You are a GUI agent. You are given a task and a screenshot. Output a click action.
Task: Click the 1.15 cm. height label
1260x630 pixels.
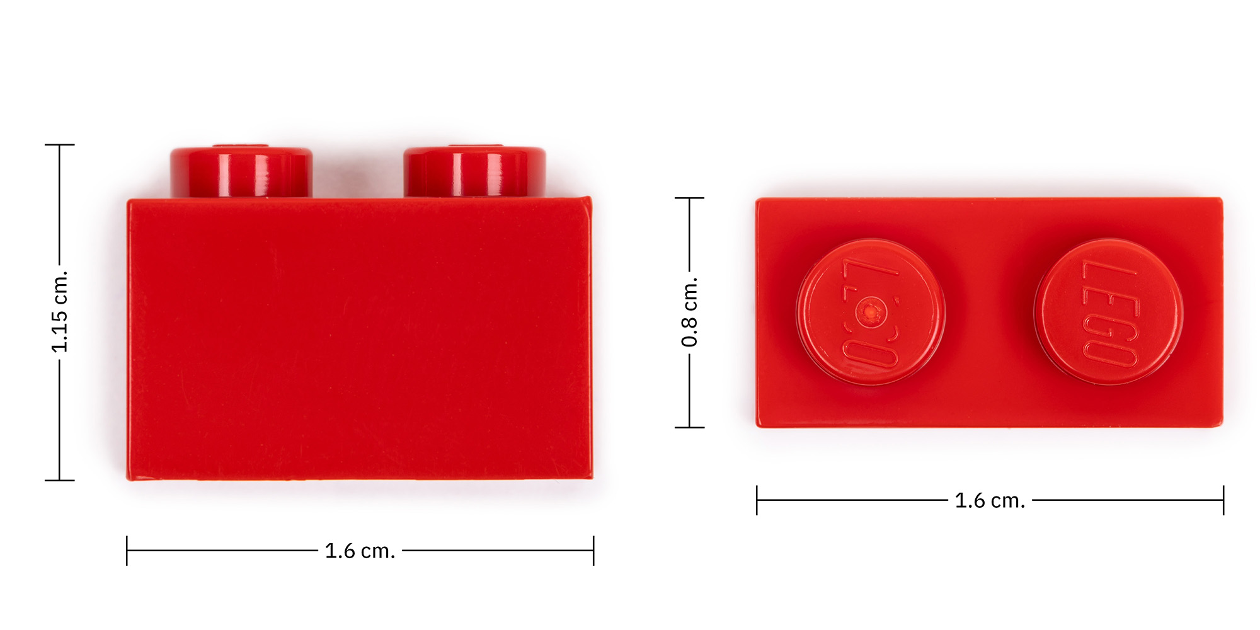coord(59,312)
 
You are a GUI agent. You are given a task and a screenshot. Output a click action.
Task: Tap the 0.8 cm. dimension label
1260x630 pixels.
coord(689,312)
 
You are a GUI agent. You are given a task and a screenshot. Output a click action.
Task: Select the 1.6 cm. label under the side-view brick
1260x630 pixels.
coord(360,551)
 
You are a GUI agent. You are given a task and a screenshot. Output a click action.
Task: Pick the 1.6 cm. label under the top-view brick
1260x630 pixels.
coord(990,501)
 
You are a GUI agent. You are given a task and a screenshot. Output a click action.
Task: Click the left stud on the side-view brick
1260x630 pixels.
coord(241,171)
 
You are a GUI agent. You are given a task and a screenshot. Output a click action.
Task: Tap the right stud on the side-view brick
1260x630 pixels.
coord(474,171)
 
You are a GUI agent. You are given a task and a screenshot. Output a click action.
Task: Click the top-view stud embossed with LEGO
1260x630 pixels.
coord(1109,312)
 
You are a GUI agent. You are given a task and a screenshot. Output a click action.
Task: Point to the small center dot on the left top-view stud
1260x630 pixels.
coord(871,311)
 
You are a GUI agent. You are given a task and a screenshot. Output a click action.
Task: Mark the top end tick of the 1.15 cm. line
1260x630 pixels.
coord(59,145)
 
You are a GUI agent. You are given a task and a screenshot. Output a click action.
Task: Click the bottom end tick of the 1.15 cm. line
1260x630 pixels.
coord(59,480)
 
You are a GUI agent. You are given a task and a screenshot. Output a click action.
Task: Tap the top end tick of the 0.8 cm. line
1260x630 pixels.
coord(689,198)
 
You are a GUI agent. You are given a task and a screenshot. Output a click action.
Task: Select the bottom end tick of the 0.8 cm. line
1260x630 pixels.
coord(689,427)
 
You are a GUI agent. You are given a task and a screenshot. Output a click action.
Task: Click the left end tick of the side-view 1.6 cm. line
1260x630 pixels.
coord(127,551)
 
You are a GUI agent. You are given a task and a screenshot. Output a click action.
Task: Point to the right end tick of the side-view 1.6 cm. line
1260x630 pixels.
coord(593,551)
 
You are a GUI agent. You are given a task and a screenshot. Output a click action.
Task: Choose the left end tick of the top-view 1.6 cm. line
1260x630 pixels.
coord(757,500)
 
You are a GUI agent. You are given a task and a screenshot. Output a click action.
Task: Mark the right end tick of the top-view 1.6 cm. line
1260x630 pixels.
coord(1223,500)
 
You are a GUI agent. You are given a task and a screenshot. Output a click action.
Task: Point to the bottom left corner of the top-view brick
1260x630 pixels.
coord(759,425)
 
